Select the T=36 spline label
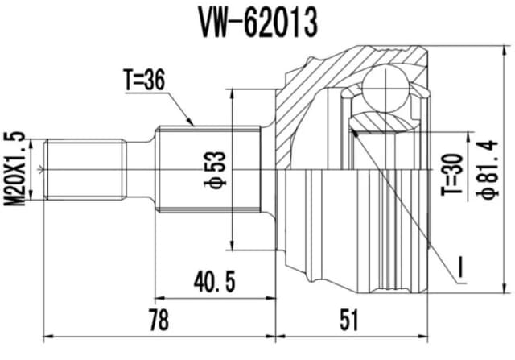[145, 81]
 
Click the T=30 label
[456, 176]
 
